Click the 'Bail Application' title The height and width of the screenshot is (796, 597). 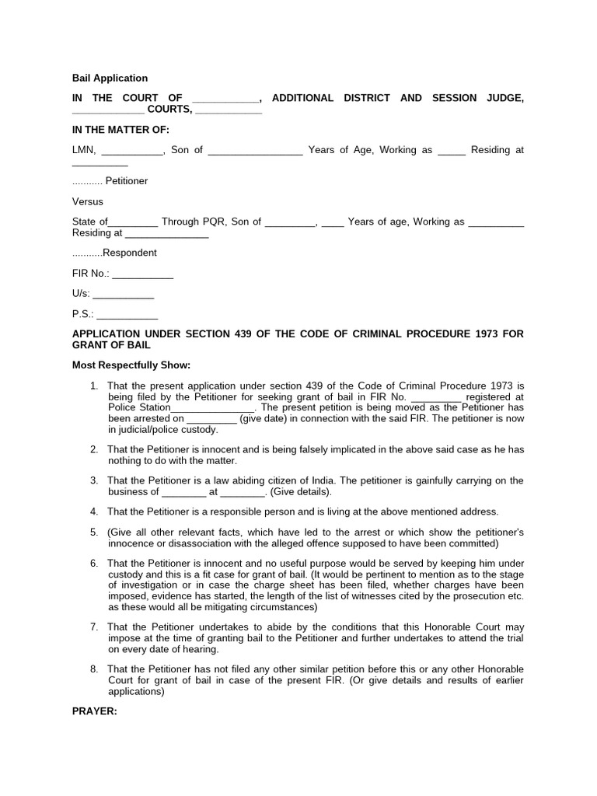(110, 78)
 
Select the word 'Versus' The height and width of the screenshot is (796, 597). (87, 201)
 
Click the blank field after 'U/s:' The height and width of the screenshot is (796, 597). (123, 295)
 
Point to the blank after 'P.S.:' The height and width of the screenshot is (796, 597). (127, 315)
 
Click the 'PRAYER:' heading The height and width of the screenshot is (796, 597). (94, 710)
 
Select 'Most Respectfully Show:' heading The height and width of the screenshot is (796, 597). (131, 365)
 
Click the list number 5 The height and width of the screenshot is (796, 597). (94, 532)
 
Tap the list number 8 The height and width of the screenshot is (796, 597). (94, 669)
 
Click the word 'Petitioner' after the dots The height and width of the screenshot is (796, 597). (127, 181)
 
